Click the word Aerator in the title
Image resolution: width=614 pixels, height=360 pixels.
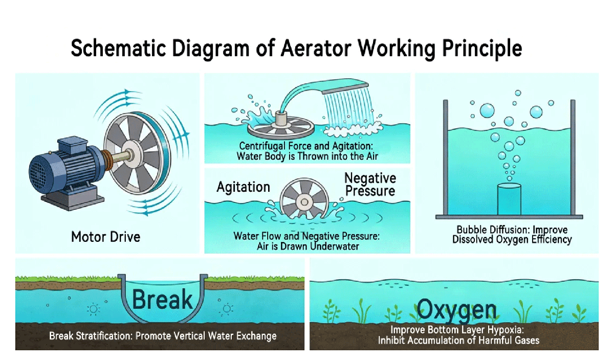coord(316,48)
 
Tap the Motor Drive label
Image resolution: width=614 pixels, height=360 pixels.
coord(106,237)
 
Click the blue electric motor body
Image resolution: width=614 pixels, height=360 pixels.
coord(66,167)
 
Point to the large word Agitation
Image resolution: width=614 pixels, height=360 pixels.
coord(244,187)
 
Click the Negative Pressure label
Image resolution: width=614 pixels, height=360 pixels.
coord(370,184)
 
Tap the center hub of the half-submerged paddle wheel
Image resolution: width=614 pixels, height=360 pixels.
coord(304,202)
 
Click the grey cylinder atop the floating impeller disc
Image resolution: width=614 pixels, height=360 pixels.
coord(281,119)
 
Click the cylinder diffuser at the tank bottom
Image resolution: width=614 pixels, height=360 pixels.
coord(509,199)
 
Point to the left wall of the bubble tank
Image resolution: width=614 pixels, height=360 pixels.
coord(446,157)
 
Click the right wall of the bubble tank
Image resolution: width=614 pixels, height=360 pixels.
coord(573,157)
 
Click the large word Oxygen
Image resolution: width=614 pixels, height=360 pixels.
coord(456,310)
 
